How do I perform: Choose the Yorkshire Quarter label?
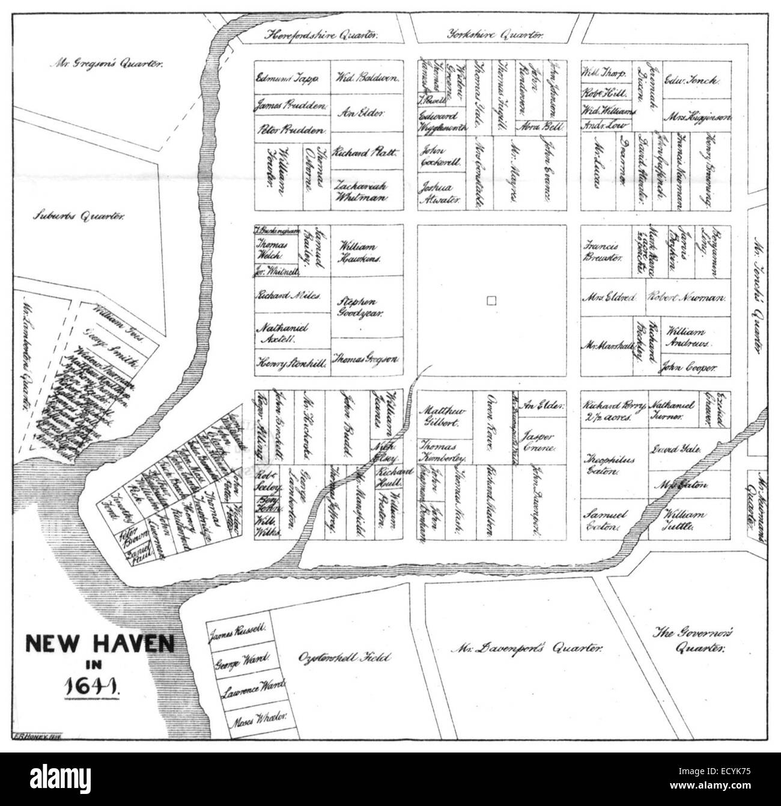(496, 35)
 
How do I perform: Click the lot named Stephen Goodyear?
(359, 307)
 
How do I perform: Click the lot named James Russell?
(238, 632)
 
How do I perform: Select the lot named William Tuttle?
(685, 520)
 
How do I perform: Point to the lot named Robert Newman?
(687, 298)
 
